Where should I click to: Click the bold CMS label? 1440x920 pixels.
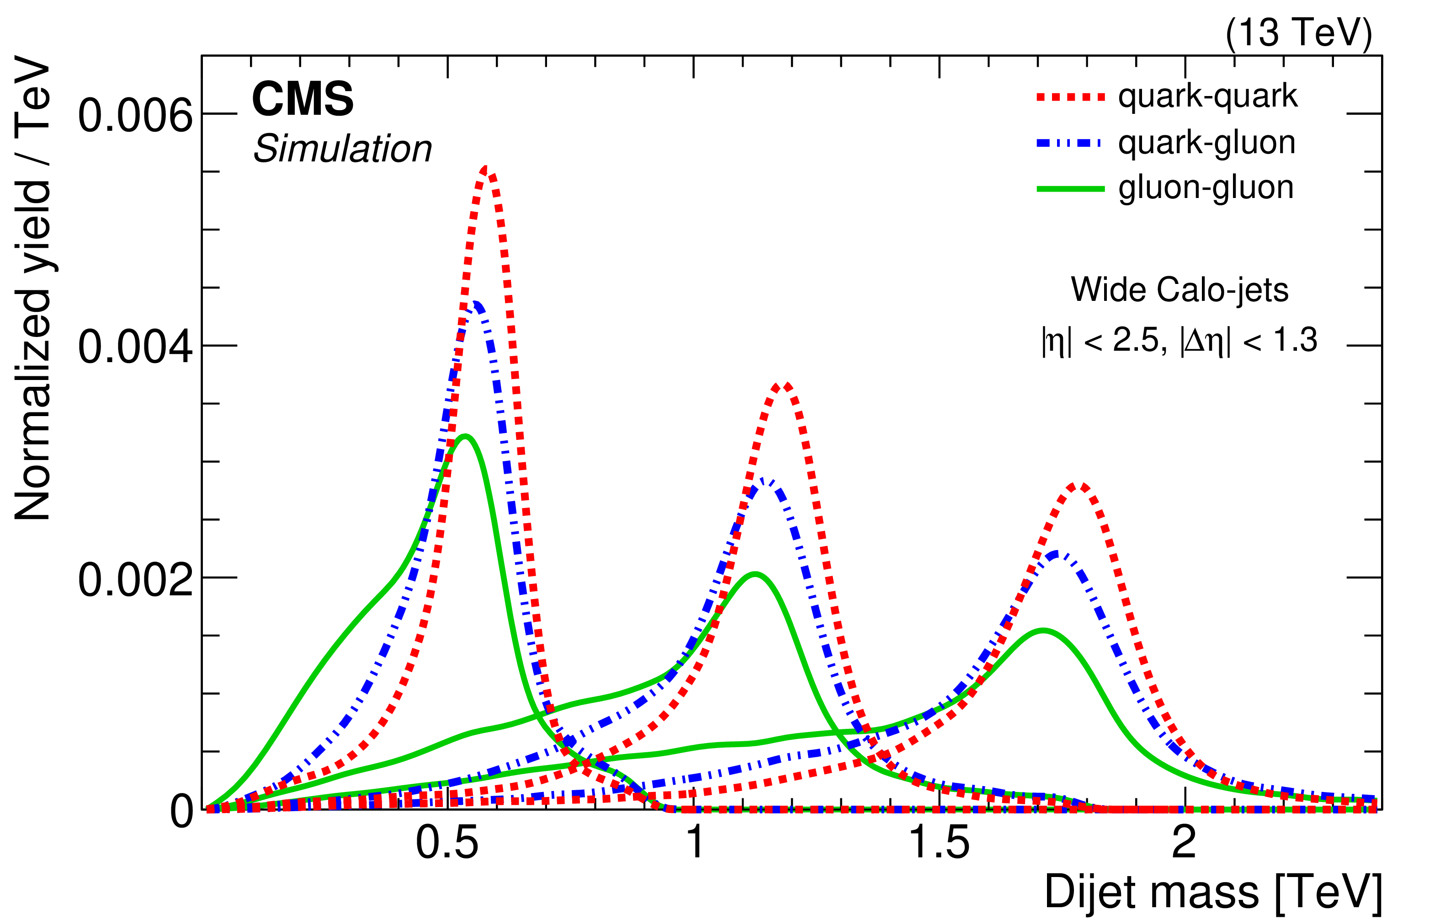tap(303, 99)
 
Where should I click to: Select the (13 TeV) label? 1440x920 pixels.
tap(1298, 33)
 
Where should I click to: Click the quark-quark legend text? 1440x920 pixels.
tap(1207, 96)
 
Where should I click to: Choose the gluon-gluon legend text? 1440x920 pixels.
tap(1206, 188)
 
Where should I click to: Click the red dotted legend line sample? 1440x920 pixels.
tap(1070, 97)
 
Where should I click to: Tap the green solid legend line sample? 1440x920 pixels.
tap(1070, 189)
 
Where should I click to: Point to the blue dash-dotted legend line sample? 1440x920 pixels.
tap(1070, 143)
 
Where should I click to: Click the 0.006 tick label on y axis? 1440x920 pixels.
tap(136, 115)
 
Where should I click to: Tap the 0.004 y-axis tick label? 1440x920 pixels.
tap(136, 347)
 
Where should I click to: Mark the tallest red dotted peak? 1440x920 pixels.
tap(486, 171)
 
